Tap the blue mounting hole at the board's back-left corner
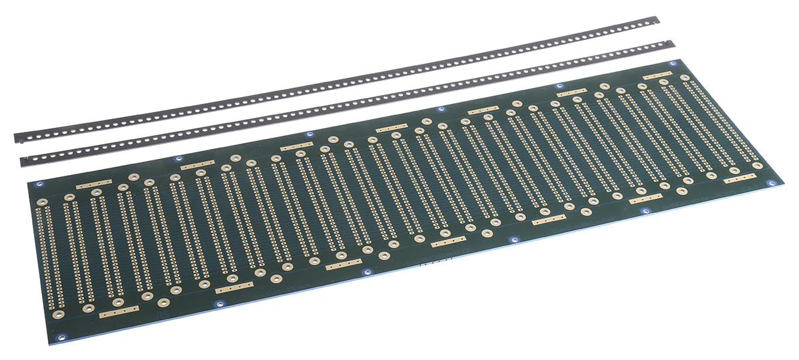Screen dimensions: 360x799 point(39,184)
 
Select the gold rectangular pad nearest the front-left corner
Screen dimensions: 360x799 point(119,311)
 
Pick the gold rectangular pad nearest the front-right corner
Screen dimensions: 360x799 point(739,178)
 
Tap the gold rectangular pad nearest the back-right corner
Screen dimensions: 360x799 point(657,76)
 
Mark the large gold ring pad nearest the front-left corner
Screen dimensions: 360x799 point(59,313)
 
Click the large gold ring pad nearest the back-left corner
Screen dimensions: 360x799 point(41,200)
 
